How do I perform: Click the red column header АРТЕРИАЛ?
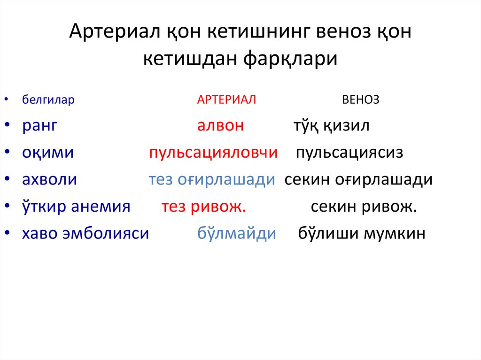(x=226, y=100)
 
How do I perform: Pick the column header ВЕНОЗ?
(x=361, y=100)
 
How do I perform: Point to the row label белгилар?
(x=48, y=100)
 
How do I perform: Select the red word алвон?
(x=220, y=126)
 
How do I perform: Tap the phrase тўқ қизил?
(x=332, y=126)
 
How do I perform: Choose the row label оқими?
(x=48, y=153)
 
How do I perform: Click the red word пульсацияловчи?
(x=213, y=153)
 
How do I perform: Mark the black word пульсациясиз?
(x=349, y=153)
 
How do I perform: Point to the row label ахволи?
(x=49, y=180)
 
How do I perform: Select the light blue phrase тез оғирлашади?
(x=211, y=180)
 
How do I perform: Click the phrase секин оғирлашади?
(x=358, y=180)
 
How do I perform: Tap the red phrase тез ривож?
(x=204, y=207)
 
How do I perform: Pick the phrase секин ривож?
(x=364, y=207)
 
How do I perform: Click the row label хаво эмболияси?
(x=85, y=233)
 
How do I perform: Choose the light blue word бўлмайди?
(x=236, y=233)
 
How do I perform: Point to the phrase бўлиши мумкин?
(x=362, y=233)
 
